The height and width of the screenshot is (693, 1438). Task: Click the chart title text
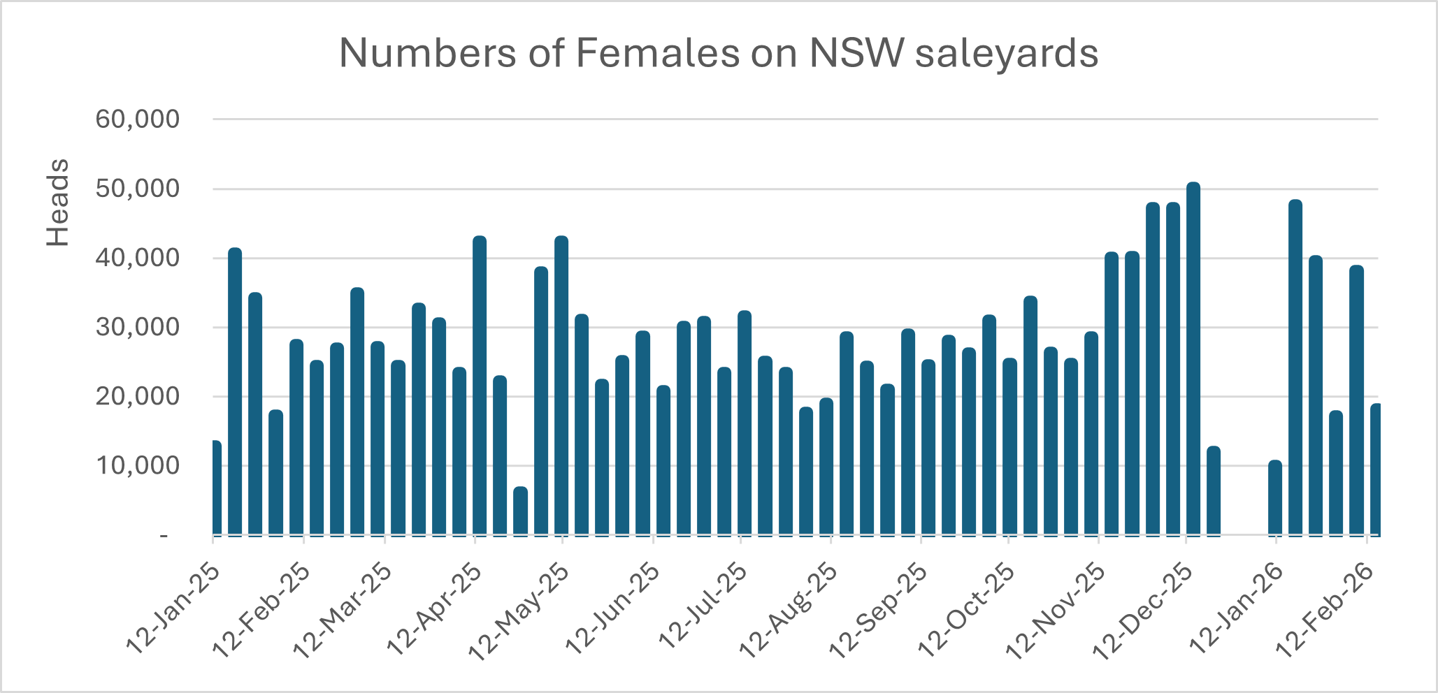719,53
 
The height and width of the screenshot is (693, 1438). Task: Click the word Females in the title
657,53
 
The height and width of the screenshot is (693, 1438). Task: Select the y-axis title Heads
58,203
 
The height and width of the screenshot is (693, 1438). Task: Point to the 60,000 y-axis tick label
138,119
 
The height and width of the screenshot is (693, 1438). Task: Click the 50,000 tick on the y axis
138,189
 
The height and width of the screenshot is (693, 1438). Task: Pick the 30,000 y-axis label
138,328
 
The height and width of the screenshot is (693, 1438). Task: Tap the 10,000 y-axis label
138,466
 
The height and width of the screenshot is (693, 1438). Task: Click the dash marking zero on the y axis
164,535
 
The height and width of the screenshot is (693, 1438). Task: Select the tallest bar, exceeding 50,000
1193,360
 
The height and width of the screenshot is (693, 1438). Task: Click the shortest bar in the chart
520,511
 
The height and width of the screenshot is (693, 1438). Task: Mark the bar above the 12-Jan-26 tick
1275,498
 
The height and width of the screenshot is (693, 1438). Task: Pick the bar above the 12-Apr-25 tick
480,386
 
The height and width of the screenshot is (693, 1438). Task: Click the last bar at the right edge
1374,469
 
